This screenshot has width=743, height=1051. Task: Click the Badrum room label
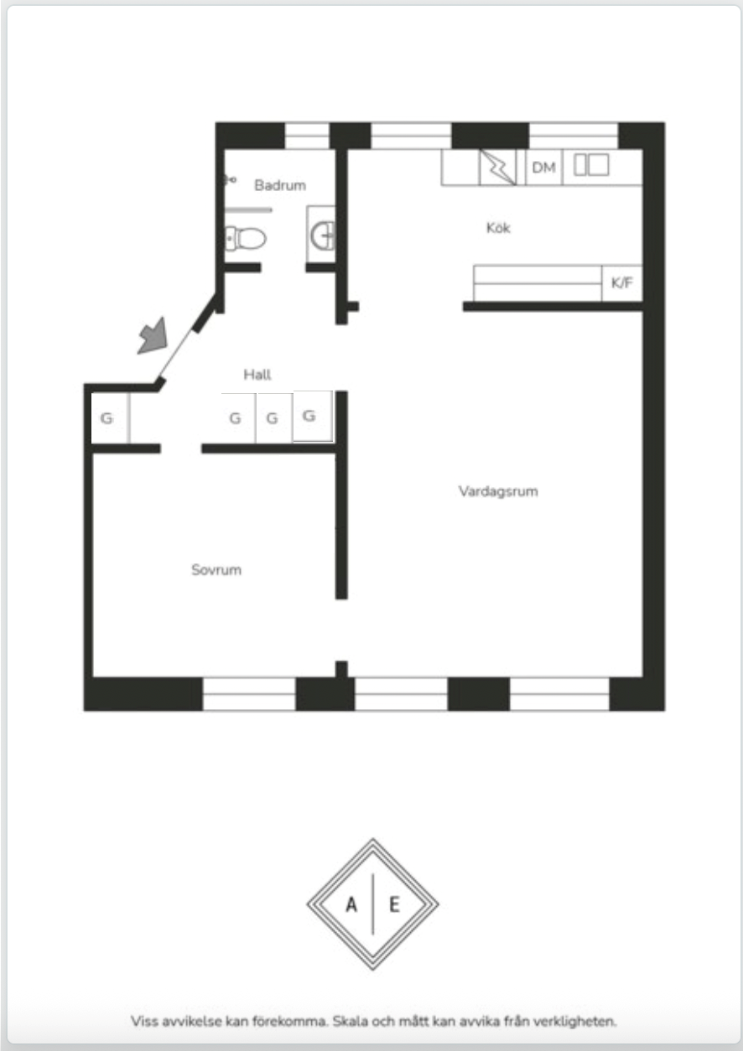pos(280,185)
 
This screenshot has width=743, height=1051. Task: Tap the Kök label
pos(498,228)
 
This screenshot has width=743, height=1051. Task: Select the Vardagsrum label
pos(498,491)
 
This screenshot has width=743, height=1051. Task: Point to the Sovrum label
pos(216,570)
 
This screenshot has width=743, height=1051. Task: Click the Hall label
pos(257,375)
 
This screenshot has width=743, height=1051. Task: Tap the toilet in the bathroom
pos(245,238)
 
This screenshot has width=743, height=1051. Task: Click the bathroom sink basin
pos(323,235)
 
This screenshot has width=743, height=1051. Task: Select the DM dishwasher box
pos(543,167)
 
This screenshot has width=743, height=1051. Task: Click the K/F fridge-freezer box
pos(622,283)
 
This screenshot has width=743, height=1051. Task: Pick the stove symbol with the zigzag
pos(497,167)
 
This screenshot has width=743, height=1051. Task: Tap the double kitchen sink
pos(591,165)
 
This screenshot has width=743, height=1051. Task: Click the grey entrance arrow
pos(153,335)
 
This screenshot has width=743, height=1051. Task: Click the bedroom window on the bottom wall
pos(249,694)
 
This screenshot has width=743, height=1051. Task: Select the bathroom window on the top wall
pos(307,136)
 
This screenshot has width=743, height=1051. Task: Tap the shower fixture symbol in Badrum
pos(230,179)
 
